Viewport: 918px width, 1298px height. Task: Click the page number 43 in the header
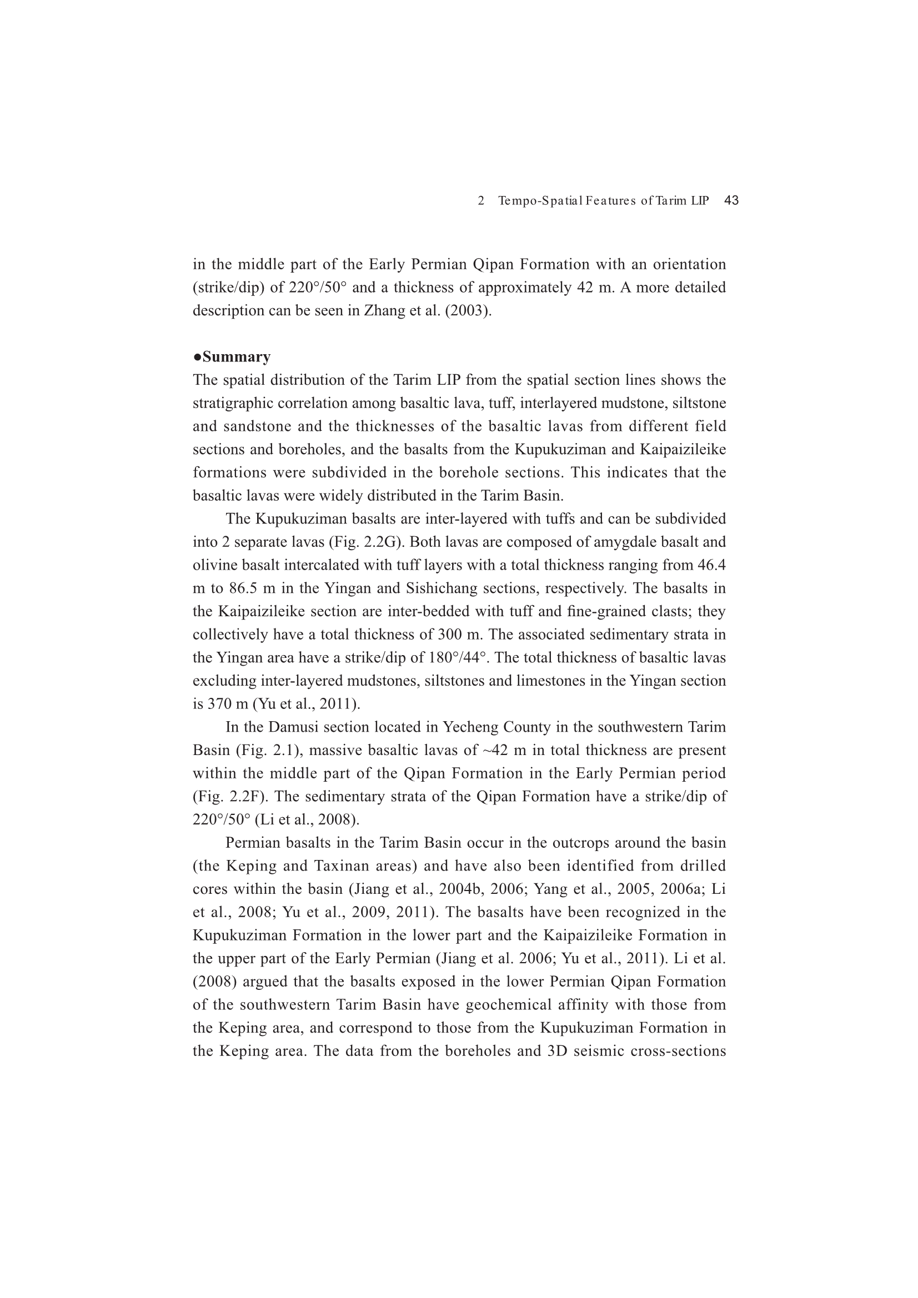point(731,200)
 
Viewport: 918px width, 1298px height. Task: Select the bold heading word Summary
point(237,357)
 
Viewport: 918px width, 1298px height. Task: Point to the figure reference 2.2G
point(381,542)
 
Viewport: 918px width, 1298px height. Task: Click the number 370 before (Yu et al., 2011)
point(222,705)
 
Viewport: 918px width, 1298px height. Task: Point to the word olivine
point(214,565)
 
